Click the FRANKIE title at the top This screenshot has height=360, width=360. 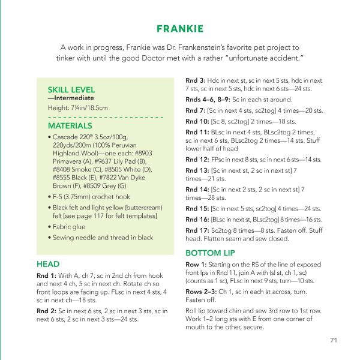coord(179,29)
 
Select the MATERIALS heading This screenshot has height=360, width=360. coord(70,126)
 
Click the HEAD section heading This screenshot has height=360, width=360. coord(47,263)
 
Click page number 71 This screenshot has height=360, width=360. coord(334,340)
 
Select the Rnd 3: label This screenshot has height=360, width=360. coord(195,80)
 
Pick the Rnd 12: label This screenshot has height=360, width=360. coord(197,160)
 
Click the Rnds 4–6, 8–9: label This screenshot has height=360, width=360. coord(208,100)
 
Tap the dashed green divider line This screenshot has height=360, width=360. coord(105,116)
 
